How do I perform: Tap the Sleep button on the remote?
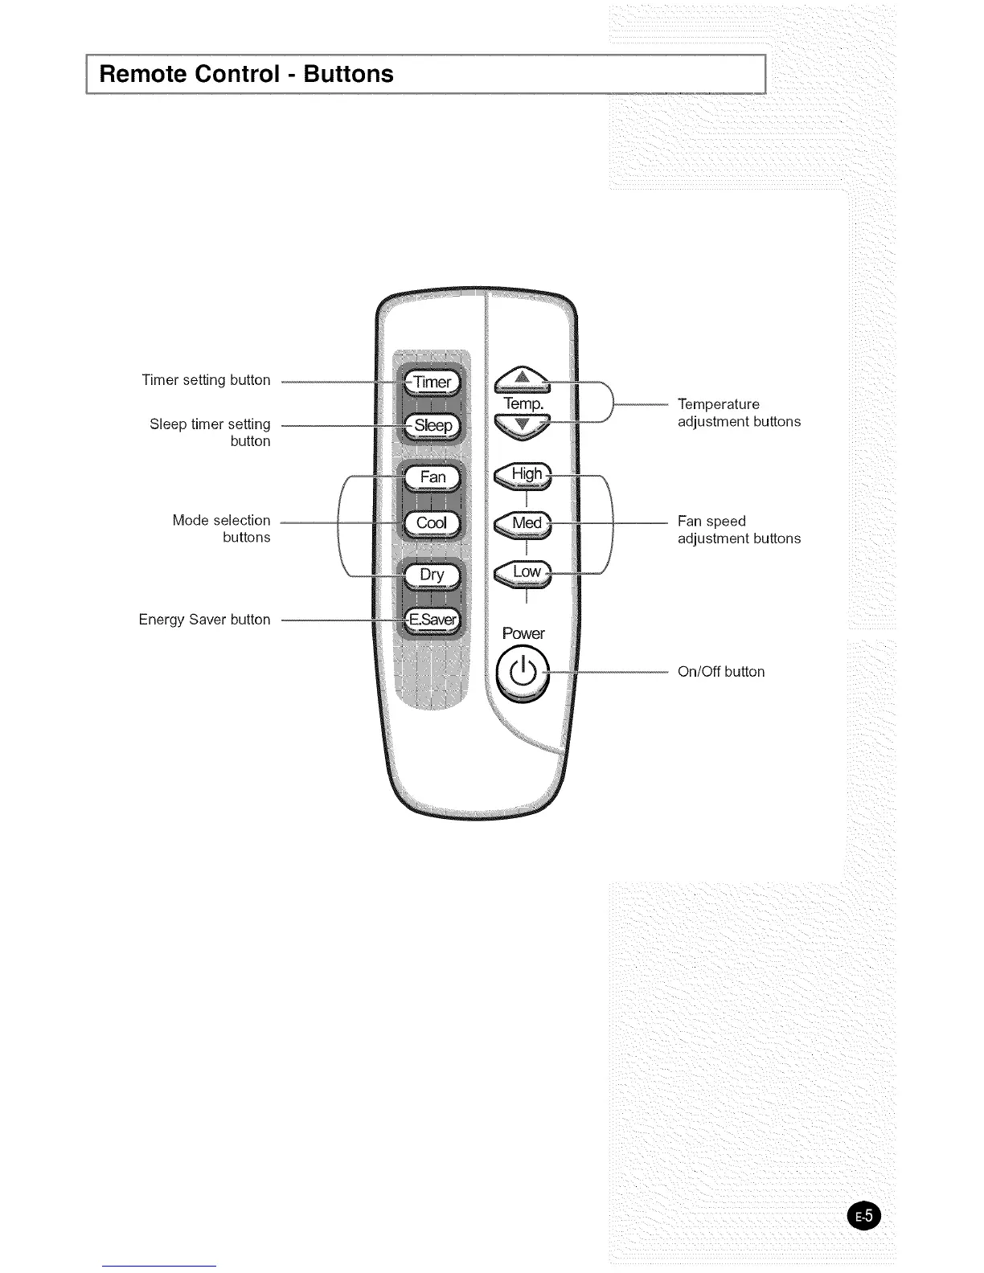[433, 425]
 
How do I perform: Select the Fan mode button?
[433, 477]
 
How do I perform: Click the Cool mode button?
[432, 523]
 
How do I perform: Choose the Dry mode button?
[432, 575]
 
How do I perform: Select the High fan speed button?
[524, 475]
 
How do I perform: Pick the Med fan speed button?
[524, 523]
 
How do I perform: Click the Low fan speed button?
[524, 572]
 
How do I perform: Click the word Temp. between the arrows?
[523, 403]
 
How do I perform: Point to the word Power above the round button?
[523, 633]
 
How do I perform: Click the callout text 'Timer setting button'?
[206, 380]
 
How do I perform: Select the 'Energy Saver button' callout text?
[204, 620]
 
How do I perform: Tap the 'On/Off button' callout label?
[721, 672]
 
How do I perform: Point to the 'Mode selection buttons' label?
[222, 529]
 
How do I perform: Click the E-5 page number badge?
[864, 1216]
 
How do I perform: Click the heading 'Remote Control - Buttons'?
[246, 74]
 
